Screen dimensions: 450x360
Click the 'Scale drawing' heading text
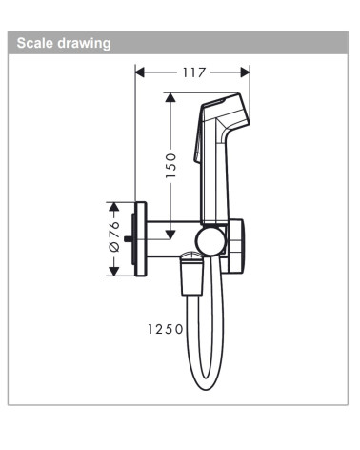60,43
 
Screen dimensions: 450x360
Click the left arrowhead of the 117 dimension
139,71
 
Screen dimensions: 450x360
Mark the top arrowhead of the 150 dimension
170,97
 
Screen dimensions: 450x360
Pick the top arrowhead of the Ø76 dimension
113,205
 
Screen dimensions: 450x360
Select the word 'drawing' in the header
83,43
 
